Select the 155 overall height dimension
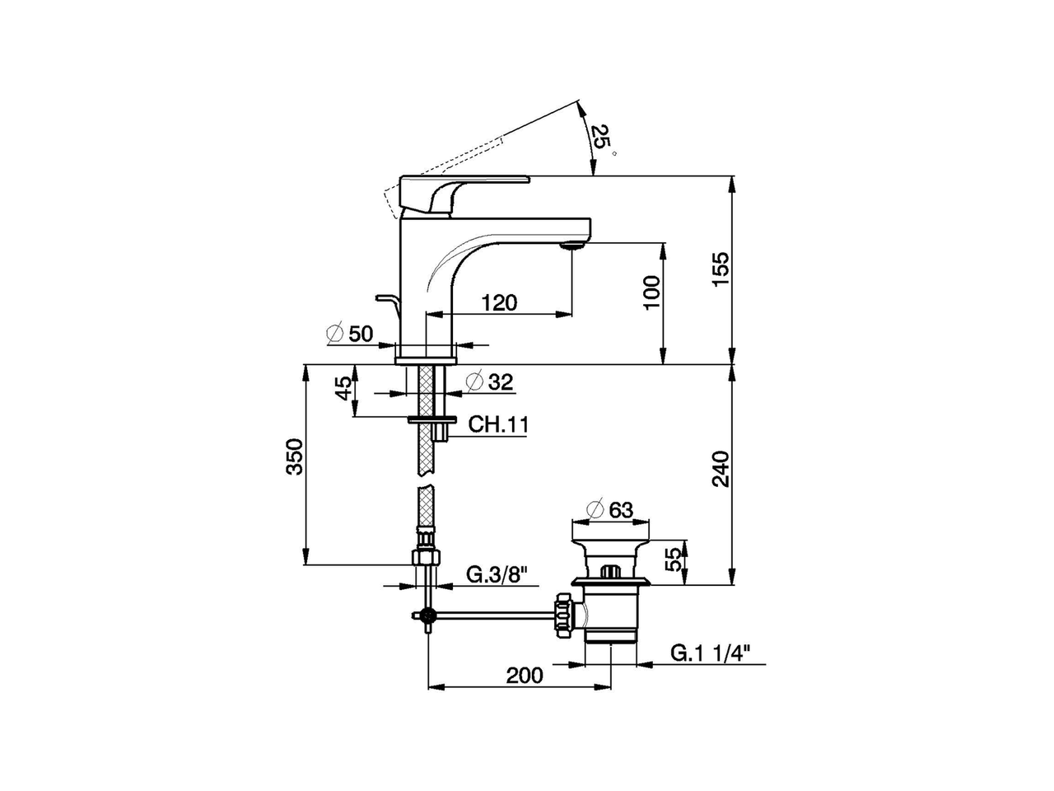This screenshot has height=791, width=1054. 721,269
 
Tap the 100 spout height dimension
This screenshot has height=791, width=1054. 651,293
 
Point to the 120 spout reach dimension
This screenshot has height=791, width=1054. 499,302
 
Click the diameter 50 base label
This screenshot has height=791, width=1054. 349,334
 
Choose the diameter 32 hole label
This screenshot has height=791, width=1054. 489,381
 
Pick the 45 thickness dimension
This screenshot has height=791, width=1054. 343,389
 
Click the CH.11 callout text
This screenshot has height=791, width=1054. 498,424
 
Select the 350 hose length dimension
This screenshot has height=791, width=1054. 295,456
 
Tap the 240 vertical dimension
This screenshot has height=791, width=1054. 721,469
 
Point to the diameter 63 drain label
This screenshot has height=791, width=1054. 610,510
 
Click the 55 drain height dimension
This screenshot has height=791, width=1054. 675,559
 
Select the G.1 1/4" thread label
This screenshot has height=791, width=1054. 710,653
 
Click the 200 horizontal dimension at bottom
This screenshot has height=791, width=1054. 525,676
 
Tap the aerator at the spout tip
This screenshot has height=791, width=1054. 572,246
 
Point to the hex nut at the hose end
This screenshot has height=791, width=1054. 427,558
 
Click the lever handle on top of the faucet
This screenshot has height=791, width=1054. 464,194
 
